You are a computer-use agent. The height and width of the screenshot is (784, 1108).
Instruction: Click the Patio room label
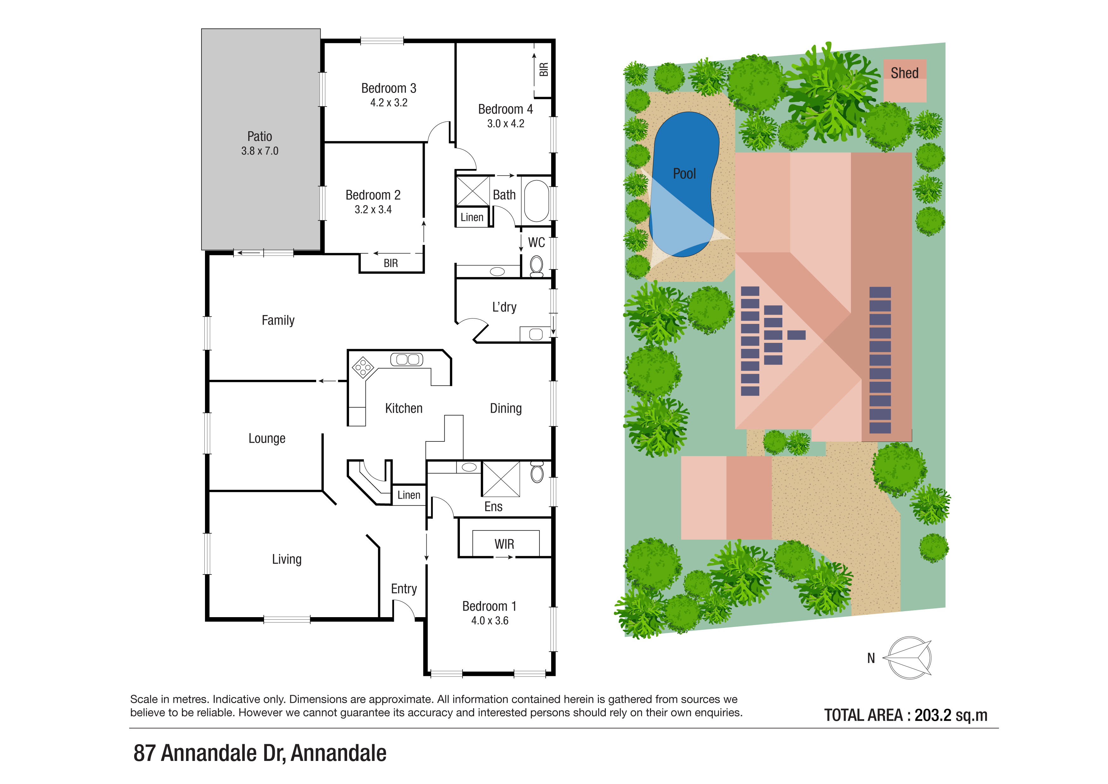[x=260, y=137]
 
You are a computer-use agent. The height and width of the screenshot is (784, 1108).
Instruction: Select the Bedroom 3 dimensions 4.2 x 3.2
[x=389, y=103]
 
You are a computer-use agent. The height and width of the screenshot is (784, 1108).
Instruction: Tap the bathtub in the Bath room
[x=536, y=200]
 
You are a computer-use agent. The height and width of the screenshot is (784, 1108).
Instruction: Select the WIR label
[x=504, y=544]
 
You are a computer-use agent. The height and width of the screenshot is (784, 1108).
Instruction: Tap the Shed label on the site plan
[x=904, y=73]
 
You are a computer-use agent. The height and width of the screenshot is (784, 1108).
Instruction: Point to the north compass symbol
[x=910, y=658]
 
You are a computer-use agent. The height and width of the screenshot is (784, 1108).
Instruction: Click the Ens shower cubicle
[x=501, y=479]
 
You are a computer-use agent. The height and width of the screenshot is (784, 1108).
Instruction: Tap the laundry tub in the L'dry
[x=536, y=334]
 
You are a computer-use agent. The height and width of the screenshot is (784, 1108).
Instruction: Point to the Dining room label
[x=506, y=408]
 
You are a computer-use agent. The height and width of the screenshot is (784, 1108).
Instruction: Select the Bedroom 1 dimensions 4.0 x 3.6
[x=490, y=621]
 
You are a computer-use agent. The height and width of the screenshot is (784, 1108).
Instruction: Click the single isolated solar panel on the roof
[x=796, y=335]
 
